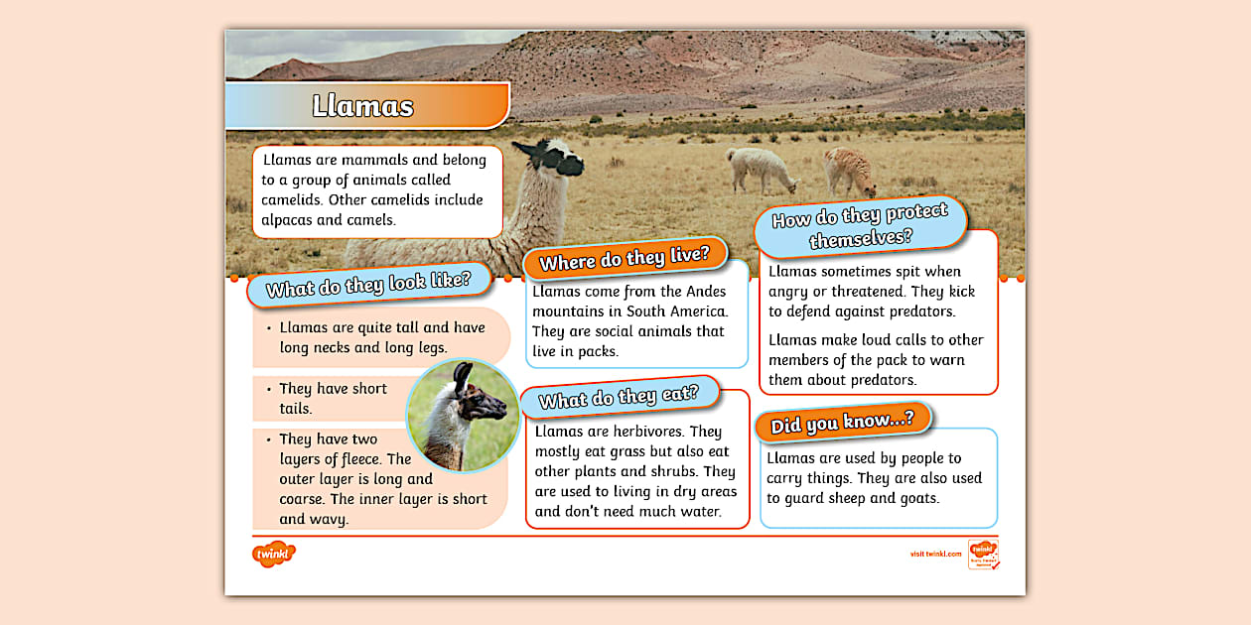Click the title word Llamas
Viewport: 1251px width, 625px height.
(363, 106)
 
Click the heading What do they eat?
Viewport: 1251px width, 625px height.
(619, 396)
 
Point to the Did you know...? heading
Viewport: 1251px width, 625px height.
(843, 421)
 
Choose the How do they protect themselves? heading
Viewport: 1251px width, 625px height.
(860, 227)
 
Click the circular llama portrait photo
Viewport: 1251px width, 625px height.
(463, 415)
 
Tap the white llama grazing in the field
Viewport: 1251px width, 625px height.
(760, 170)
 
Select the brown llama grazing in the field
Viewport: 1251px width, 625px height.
(850, 171)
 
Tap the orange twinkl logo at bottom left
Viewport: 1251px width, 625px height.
(274, 554)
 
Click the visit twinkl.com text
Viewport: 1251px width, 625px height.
(935, 554)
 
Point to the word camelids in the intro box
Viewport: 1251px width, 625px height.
(292, 199)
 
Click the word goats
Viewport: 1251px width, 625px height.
(916, 497)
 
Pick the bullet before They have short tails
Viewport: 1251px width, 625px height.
(268, 389)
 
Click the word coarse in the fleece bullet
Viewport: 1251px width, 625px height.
(302, 499)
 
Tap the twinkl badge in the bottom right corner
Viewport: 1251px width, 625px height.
(983, 554)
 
